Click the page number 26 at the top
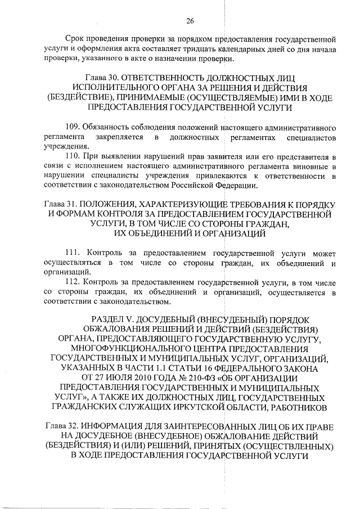tap(190, 21)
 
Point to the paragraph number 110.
tap(73, 156)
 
